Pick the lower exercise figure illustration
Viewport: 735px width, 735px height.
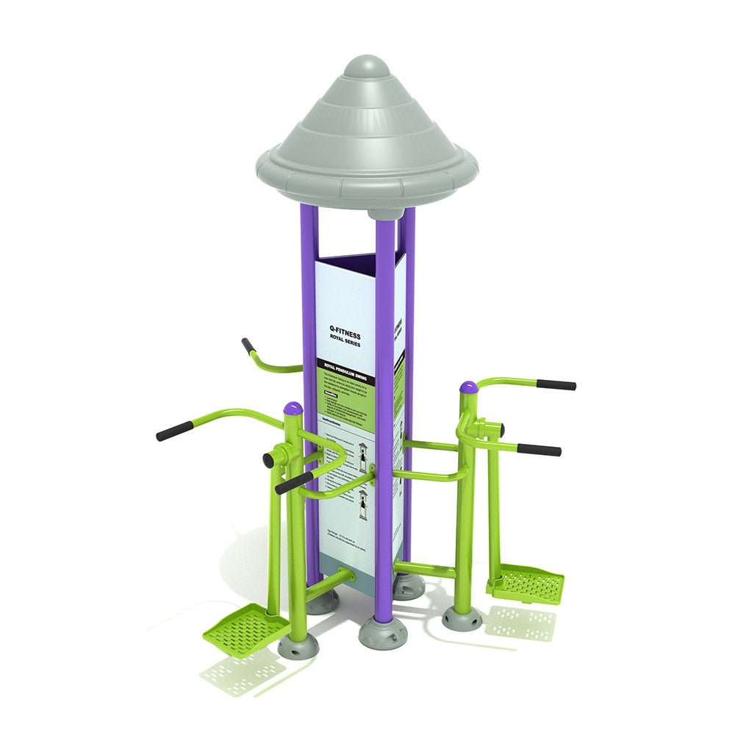(x=361, y=507)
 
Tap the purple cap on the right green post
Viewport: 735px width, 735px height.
(x=467, y=387)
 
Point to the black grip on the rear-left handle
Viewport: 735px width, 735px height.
(x=248, y=345)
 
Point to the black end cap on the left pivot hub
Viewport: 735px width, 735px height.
(x=269, y=460)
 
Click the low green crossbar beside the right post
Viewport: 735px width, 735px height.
(x=426, y=567)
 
